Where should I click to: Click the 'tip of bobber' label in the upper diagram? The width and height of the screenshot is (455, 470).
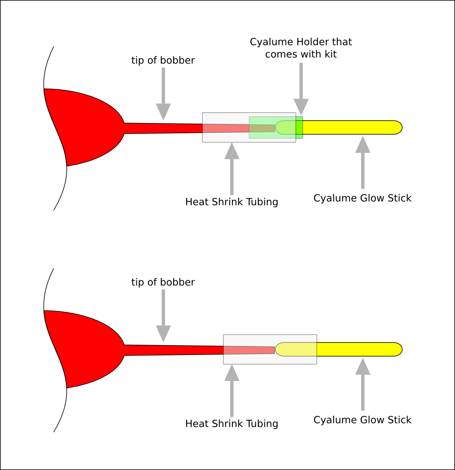coord(163,60)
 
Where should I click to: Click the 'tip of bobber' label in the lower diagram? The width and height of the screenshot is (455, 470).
coord(163,282)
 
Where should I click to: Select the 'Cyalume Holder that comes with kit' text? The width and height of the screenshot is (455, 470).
coord(301,48)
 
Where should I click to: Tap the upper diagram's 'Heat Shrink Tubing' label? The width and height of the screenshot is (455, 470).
coord(231,202)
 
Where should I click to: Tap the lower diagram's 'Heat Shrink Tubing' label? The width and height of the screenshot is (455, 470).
coord(231,423)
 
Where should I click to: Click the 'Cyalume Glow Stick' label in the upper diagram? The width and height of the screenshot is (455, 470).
coord(363,198)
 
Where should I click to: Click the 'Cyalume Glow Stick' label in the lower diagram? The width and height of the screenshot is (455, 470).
coord(363,420)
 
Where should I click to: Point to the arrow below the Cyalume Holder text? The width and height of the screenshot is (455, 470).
coord(301,89)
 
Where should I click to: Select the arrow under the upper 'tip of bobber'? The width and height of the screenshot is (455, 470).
coord(164,94)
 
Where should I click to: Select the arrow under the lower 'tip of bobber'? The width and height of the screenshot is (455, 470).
coord(164,316)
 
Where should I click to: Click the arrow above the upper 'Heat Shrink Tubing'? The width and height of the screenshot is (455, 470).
coord(231,169)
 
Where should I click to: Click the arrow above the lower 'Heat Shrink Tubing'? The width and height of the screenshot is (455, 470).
coord(231,391)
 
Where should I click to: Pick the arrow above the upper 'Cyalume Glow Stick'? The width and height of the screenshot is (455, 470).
coord(363,163)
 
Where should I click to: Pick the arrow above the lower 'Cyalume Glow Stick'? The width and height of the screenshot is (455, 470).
coord(363,384)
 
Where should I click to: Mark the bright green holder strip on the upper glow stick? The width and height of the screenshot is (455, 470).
coord(299,127)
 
